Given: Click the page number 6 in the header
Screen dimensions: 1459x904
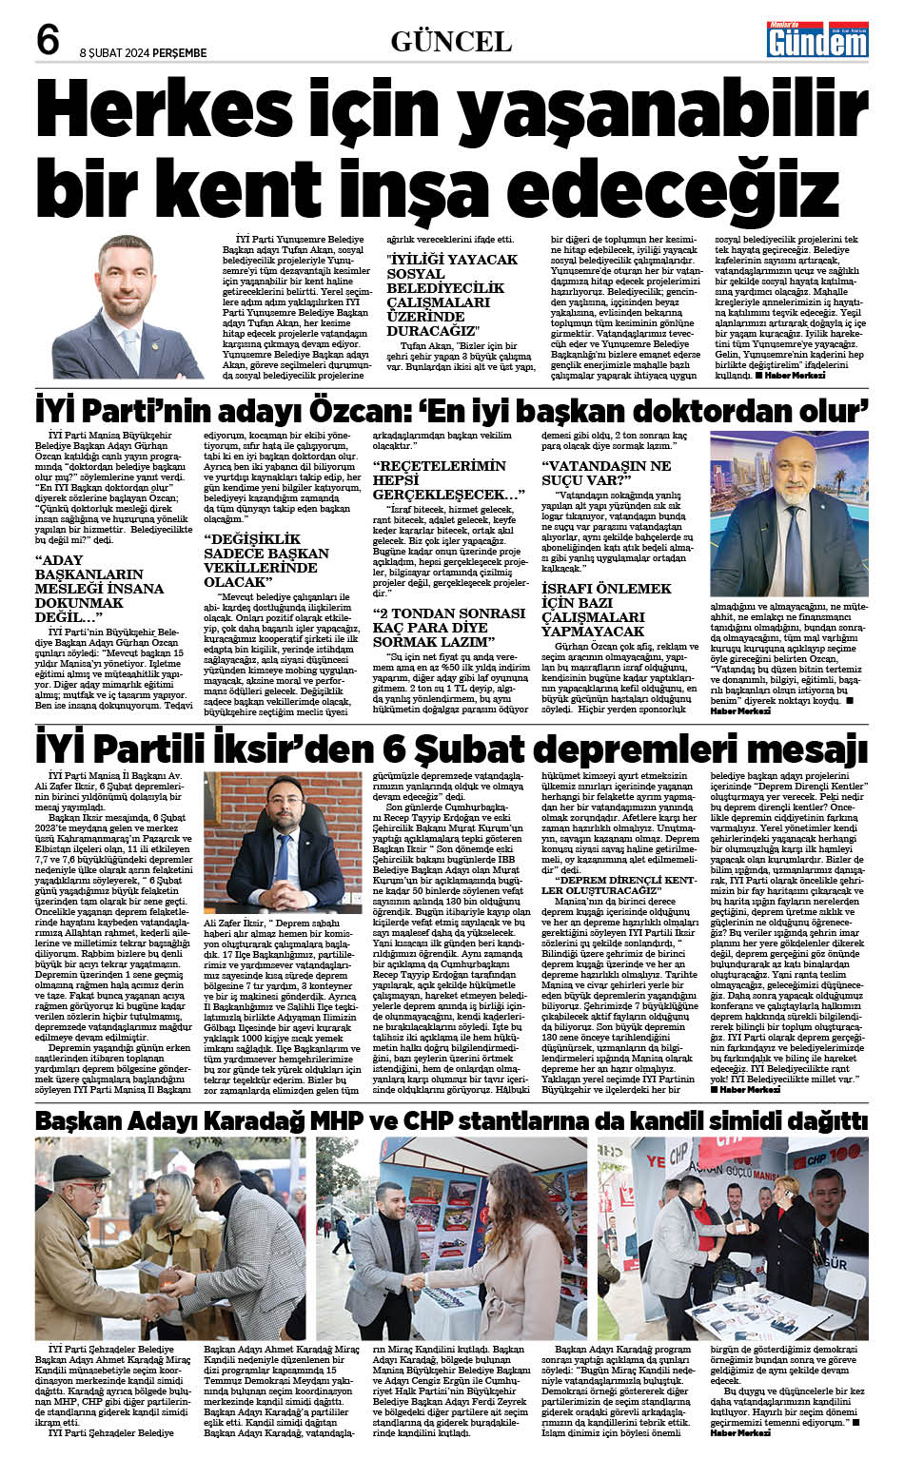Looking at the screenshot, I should pos(48,40).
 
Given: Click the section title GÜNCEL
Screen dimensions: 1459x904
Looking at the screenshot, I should pos(451,41).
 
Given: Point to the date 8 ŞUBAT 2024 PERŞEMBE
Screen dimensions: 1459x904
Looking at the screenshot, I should pos(143,53).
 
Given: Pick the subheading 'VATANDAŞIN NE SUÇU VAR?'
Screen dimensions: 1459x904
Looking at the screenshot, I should pos(606,473).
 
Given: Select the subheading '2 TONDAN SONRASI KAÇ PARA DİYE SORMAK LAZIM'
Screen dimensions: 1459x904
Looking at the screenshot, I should pos(449,628).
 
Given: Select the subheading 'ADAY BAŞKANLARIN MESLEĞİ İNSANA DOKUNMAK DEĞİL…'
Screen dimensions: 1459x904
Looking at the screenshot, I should pos(99,589).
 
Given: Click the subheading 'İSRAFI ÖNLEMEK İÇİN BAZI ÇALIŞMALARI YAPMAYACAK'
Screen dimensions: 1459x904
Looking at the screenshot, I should pos(606,610).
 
